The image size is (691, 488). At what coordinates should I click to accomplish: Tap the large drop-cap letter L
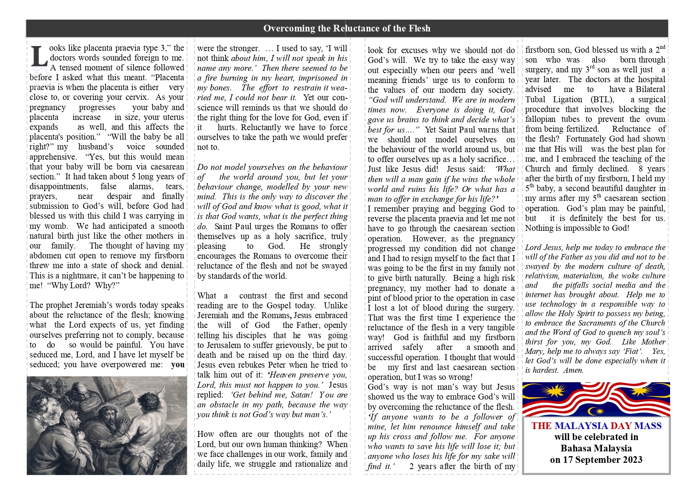point(39,57)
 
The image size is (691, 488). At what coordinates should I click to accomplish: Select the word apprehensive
point(53,157)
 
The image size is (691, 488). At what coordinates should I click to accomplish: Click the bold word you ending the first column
point(178,365)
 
